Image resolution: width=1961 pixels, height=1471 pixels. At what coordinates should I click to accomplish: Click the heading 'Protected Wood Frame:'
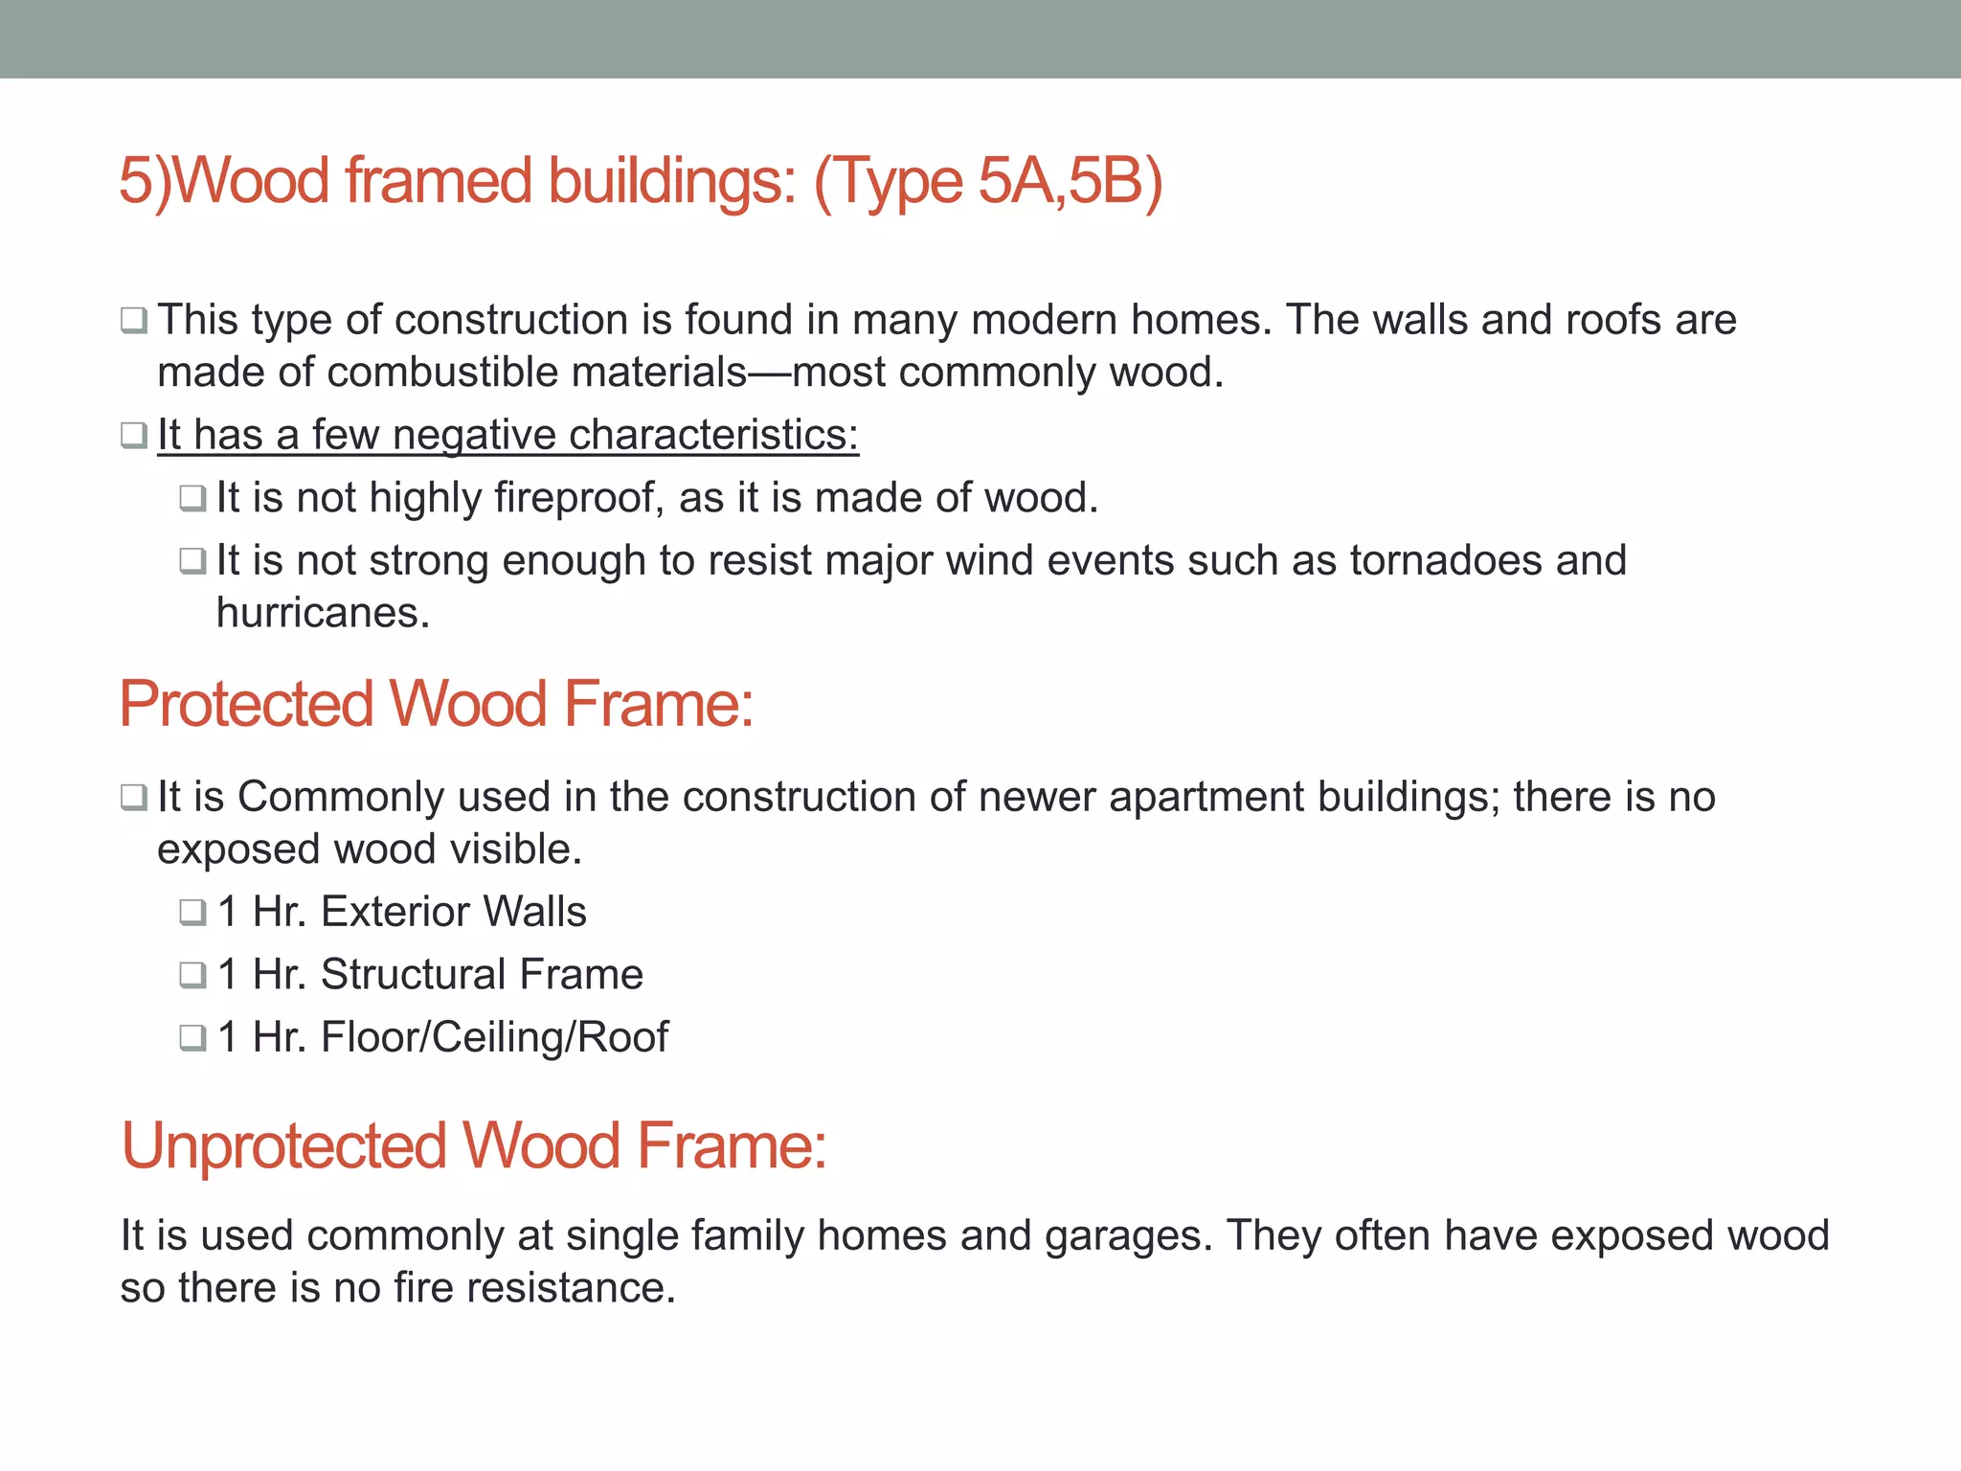[x=437, y=704]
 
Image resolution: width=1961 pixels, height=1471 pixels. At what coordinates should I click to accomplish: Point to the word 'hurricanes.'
[x=323, y=613]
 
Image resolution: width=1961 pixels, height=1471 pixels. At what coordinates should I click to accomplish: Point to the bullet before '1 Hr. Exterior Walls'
[x=192, y=912]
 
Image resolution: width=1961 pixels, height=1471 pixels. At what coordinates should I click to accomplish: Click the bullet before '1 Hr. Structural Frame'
[x=192, y=975]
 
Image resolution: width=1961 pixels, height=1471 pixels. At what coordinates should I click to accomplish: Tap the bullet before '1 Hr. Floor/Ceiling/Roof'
[x=192, y=1037]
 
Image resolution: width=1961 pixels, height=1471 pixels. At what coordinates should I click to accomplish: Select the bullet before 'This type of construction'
[x=133, y=320]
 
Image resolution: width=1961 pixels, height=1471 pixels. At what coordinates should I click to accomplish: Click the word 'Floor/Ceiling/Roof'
[x=494, y=1037]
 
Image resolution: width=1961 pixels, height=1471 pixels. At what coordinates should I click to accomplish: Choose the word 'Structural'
[x=413, y=975]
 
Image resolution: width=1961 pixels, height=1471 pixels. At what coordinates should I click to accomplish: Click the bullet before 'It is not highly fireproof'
[x=192, y=498]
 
